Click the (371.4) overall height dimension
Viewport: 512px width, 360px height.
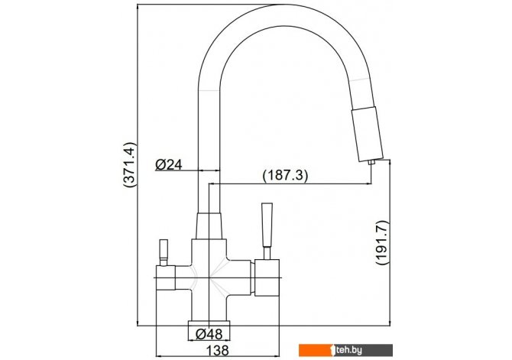(129, 164)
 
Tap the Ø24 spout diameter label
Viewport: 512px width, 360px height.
(168, 164)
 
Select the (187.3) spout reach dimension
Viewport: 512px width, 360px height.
(285, 176)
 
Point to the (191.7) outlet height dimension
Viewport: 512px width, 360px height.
(383, 242)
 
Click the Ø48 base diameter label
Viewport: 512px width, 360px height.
(209, 334)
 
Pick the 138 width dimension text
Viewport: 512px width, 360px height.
(218, 351)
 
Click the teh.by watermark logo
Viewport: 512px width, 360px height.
(345, 350)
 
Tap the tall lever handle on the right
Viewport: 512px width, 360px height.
(267, 225)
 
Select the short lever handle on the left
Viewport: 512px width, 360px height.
(164, 249)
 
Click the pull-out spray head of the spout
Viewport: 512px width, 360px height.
(367, 135)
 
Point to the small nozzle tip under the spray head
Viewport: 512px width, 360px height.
(371, 162)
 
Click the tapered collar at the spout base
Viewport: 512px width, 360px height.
(209, 225)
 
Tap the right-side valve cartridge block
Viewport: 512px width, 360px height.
(267, 277)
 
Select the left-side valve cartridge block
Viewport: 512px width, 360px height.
(166, 277)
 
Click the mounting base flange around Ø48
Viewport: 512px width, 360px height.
(209, 323)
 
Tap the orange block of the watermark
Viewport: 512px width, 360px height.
(315, 350)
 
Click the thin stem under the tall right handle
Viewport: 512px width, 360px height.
(267, 253)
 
